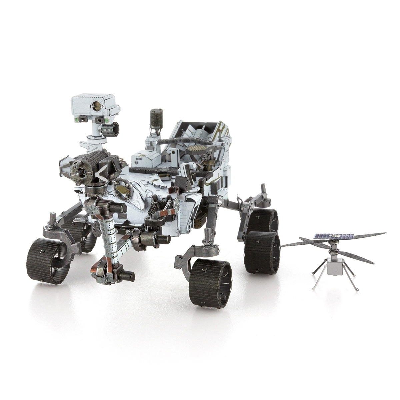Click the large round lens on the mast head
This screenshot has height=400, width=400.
pyautogui.click(x=98, y=105)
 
